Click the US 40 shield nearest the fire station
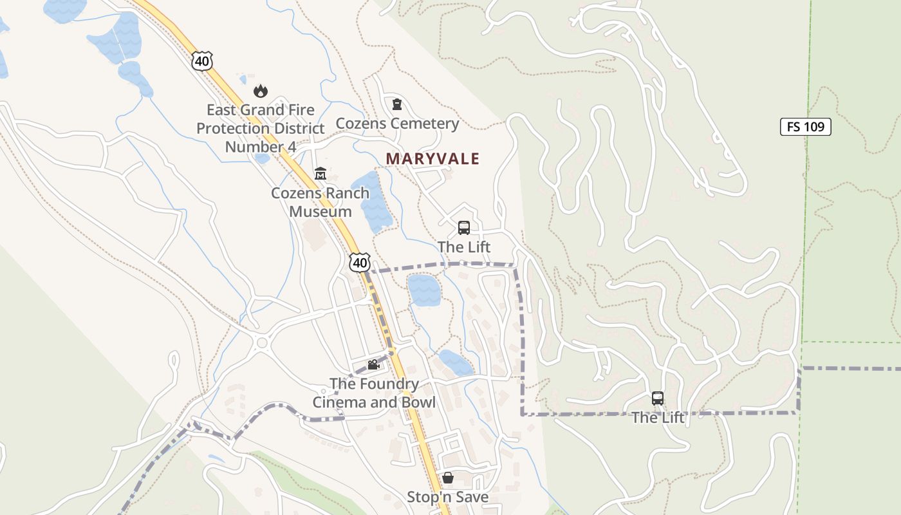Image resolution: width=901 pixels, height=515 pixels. click(x=201, y=61)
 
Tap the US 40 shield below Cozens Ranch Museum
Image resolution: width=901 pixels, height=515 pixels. click(x=360, y=262)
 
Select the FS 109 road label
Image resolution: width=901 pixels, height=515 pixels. click(x=806, y=127)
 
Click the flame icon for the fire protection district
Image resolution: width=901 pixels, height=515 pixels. click(x=261, y=91)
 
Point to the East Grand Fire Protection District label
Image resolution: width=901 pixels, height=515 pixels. click(x=261, y=128)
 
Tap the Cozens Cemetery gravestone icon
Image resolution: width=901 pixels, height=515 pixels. click(x=397, y=104)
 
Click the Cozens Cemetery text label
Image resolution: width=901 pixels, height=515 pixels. click(x=397, y=124)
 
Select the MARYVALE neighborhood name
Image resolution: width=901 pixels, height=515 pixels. click(x=432, y=158)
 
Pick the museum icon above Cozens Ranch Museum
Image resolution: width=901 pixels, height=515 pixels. click(x=320, y=174)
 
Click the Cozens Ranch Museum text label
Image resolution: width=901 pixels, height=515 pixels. click(x=320, y=202)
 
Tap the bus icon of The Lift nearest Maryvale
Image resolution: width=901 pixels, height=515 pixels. click(x=463, y=228)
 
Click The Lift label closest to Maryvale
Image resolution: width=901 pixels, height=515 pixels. click(x=463, y=247)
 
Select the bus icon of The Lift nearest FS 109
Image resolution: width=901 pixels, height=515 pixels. click(x=657, y=398)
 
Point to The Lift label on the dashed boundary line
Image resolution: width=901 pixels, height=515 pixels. click(x=657, y=418)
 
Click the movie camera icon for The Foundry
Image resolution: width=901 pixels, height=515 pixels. click(x=373, y=365)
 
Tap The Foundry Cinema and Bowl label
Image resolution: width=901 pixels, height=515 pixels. click(x=374, y=393)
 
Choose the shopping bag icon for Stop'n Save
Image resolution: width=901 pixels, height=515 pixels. click(x=447, y=478)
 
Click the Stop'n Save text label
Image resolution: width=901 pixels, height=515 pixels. click(x=447, y=497)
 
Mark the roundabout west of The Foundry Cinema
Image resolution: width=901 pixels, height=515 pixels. click(x=261, y=343)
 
